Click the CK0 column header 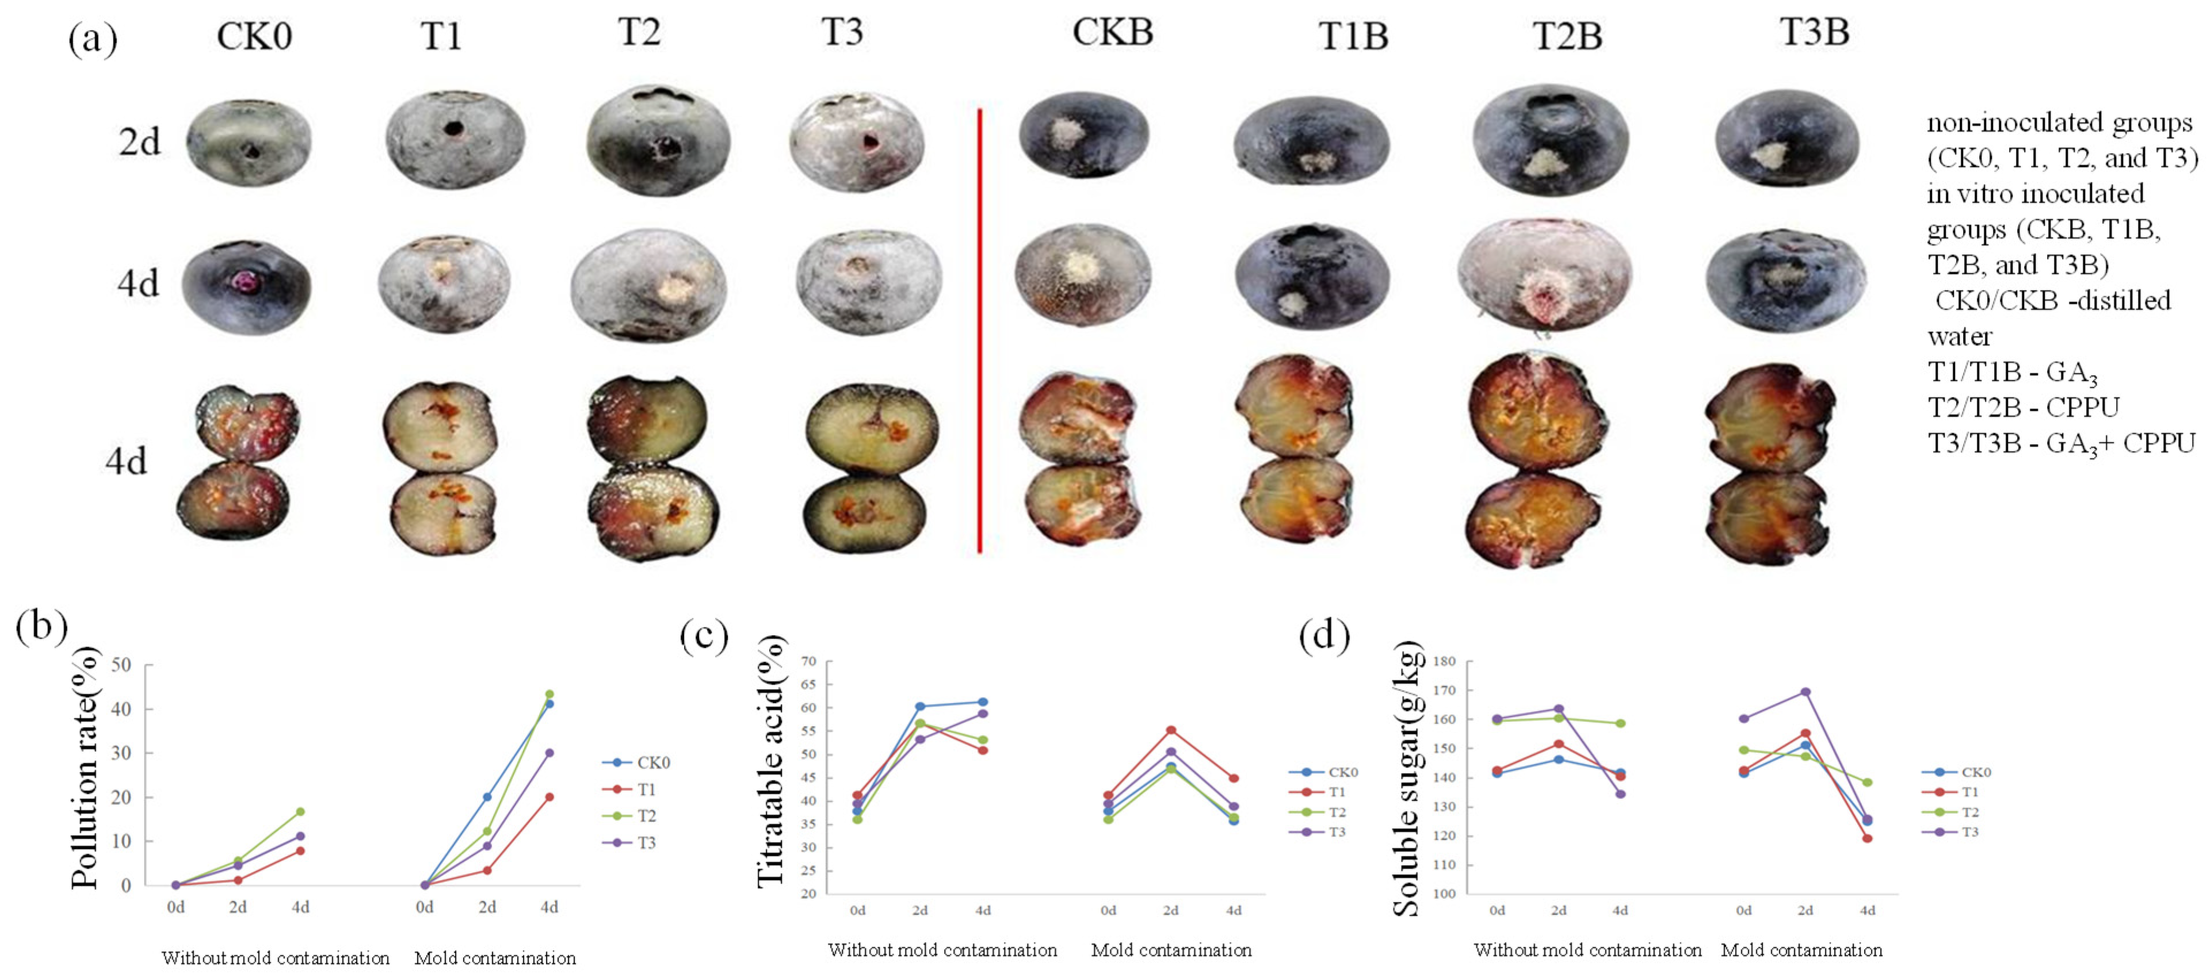click(254, 36)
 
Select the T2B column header click(1567, 36)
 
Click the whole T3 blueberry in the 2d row click(857, 141)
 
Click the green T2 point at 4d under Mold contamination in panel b click(549, 694)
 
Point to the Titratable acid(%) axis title click(770, 761)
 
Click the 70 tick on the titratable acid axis click(808, 661)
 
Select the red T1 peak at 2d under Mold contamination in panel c click(1171, 730)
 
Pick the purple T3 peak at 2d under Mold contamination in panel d click(1805, 691)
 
